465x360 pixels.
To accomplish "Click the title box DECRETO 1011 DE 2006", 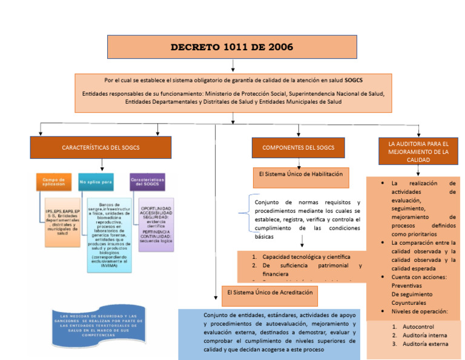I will (232, 47).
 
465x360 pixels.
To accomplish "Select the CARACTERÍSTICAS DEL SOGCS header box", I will (100, 147).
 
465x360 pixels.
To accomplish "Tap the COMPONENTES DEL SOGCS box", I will (298, 147).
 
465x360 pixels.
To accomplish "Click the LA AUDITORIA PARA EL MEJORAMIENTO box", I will (418, 152).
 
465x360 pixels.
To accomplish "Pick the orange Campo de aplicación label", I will (53, 181).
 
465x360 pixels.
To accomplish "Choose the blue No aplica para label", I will (96, 181).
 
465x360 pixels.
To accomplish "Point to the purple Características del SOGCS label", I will (148, 181).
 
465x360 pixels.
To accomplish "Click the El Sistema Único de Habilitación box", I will (301, 174).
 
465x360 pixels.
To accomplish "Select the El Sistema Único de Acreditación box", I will (270, 292).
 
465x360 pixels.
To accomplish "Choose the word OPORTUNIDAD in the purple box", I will (156, 208).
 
